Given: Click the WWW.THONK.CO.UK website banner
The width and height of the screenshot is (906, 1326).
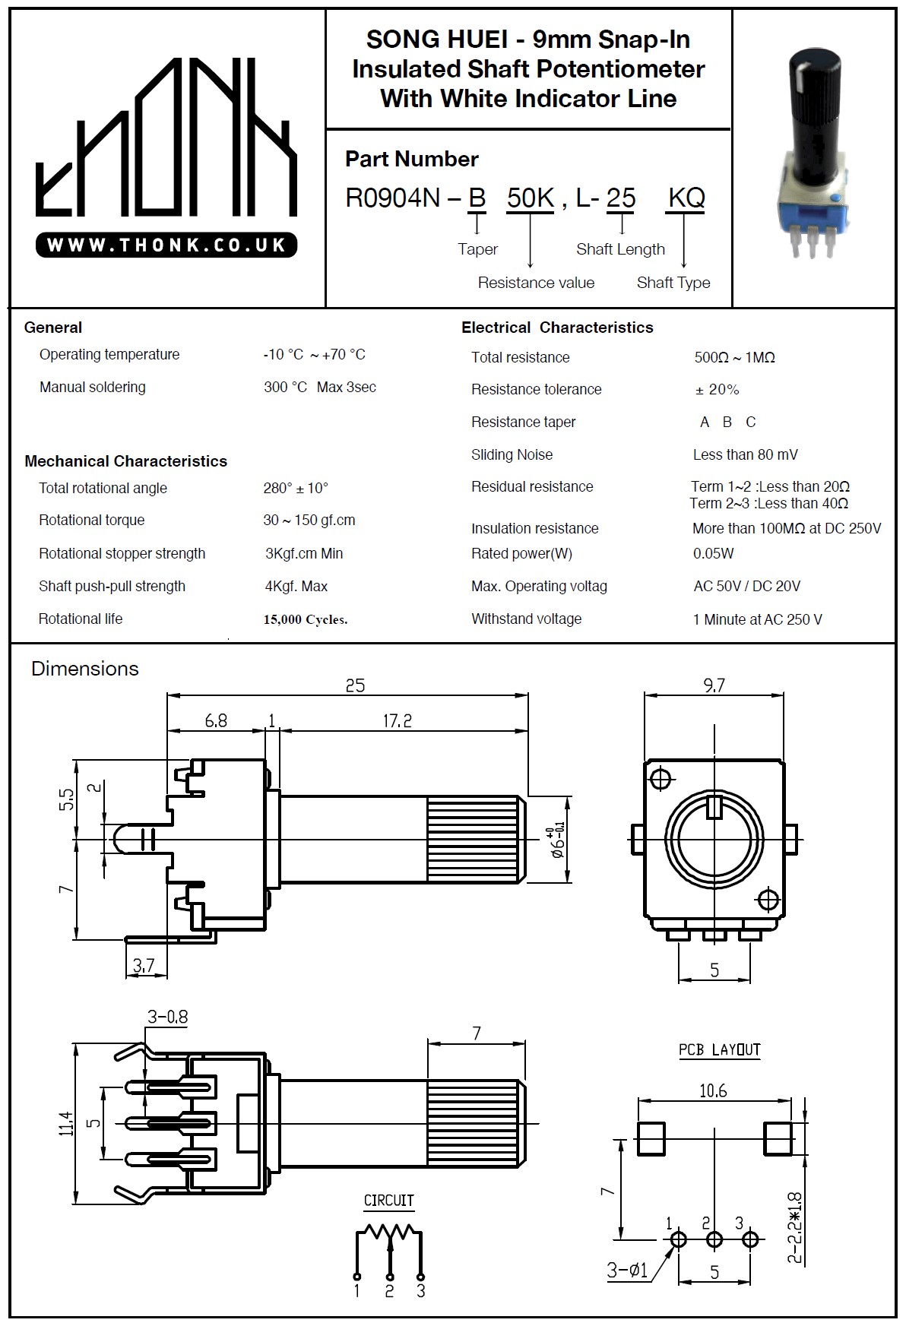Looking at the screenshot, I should tap(166, 245).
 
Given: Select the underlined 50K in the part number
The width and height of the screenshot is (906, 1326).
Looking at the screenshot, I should tap(530, 198).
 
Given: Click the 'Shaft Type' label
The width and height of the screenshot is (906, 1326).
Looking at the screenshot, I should tap(673, 283).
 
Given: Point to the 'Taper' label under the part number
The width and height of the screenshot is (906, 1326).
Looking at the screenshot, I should tap(477, 249).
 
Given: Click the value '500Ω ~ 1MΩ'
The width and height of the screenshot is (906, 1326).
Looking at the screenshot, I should tap(734, 357).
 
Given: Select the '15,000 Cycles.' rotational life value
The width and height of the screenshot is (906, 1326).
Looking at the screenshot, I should tap(306, 619).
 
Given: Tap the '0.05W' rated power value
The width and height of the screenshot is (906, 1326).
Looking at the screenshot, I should tap(713, 553).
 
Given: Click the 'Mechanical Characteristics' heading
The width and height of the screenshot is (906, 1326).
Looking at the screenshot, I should tap(125, 461).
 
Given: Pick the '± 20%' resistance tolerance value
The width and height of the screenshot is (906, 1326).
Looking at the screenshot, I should tap(717, 390).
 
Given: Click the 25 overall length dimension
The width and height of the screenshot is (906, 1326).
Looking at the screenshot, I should tap(355, 685).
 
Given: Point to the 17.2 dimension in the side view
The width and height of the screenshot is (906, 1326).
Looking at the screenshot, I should tap(397, 720).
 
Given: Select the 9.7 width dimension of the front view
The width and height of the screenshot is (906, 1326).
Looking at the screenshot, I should tap(714, 685).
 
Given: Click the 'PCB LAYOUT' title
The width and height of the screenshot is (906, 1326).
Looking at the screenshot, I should tap(719, 1049).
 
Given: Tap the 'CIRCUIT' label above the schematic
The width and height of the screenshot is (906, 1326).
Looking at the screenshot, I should tap(388, 1201).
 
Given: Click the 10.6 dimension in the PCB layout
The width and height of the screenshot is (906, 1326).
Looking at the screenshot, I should tap(713, 1091).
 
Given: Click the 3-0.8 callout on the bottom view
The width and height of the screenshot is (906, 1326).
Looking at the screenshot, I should tap(167, 1017).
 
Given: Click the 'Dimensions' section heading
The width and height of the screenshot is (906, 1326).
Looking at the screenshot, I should tap(85, 669).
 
